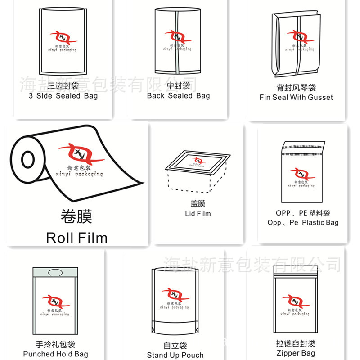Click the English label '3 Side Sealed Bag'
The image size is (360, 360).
(x=63, y=96)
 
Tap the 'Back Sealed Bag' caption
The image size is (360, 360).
(x=178, y=96)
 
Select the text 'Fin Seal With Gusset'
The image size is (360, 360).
(x=296, y=97)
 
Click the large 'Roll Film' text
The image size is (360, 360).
(x=76, y=237)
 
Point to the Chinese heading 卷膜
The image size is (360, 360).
(x=76, y=216)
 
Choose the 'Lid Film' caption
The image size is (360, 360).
(x=198, y=213)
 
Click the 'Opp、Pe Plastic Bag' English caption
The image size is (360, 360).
(x=303, y=222)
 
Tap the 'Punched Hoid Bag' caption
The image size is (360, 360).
(x=55, y=354)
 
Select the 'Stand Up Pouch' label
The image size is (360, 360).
(x=175, y=355)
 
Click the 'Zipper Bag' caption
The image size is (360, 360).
(x=296, y=353)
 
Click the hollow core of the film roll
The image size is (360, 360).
(x=28, y=160)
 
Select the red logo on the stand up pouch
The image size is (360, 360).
(x=175, y=295)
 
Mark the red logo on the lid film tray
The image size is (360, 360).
(x=198, y=160)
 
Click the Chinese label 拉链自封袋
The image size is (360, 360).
(x=296, y=343)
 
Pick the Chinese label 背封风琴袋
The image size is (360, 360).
(x=296, y=87)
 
